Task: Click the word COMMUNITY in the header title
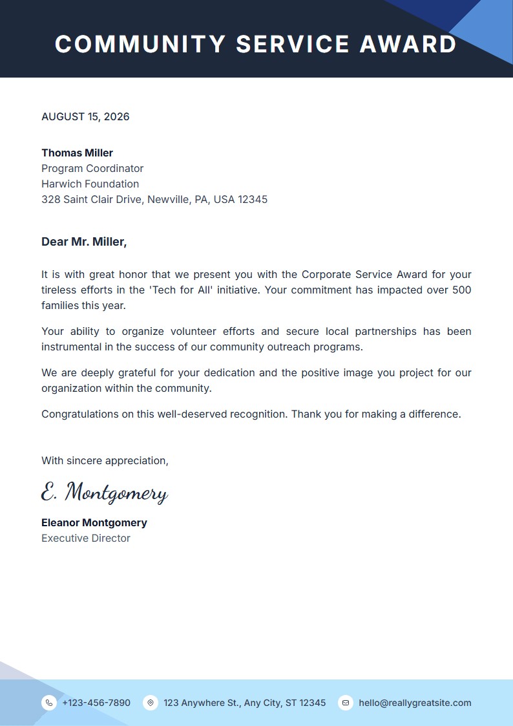click(140, 44)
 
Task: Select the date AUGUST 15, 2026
click(85, 117)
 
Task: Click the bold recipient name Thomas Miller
click(77, 153)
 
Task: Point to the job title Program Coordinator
click(92, 169)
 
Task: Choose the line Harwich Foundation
click(90, 184)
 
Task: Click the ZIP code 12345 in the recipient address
click(253, 200)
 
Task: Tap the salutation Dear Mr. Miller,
click(84, 242)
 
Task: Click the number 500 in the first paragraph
click(461, 290)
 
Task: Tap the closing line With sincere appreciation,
click(105, 461)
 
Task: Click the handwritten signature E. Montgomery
click(104, 493)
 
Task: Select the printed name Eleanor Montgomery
click(94, 523)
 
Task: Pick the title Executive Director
click(86, 539)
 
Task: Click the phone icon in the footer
click(49, 703)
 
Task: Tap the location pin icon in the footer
click(151, 703)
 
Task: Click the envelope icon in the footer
click(346, 703)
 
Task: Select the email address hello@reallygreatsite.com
click(415, 703)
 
